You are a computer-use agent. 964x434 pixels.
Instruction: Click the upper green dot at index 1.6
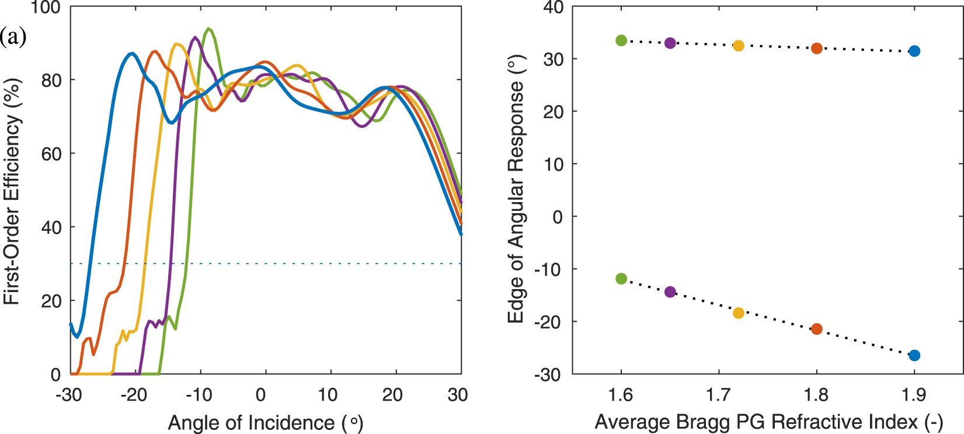[x=621, y=40]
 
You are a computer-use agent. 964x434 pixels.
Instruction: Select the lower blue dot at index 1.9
[x=914, y=355]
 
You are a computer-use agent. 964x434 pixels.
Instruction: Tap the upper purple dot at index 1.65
[x=670, y=43]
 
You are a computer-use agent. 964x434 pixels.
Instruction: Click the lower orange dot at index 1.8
[x=817, y=329]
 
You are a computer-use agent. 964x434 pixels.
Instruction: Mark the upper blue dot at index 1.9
[x=914, y=51]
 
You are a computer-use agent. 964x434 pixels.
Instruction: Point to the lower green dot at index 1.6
[x=621, y=279]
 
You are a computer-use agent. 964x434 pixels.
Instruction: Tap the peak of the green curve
[x=208, y=28]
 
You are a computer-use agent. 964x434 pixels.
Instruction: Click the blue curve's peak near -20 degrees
[x=132, y=53]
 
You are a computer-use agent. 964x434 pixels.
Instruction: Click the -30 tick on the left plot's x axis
[x=68, y=395]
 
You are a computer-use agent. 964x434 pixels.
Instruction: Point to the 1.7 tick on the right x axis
[x=719, y=395]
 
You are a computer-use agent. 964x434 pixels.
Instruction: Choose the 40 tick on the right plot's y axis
[x=552, y=8]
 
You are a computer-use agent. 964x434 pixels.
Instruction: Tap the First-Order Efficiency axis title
[x=13, y=190]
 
